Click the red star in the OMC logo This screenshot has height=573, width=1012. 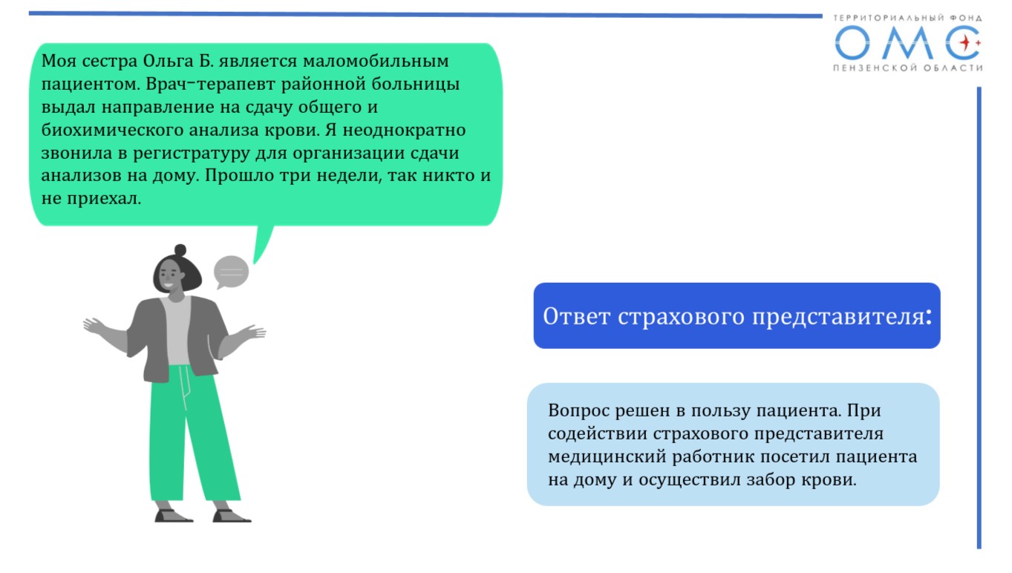tap(965, 43)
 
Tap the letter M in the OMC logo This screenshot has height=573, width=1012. tap(907, 43)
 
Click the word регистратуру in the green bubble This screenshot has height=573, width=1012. tap(191, 154)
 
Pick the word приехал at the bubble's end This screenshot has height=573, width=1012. tap(104, 199)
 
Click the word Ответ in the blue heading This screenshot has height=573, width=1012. tap(577, 316)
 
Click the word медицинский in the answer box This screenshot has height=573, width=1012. tap(607, 457)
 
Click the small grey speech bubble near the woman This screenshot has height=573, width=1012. tap(231, 272)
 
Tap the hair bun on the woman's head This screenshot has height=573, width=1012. tap(180, 250)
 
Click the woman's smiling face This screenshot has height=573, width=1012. tap(169, 275)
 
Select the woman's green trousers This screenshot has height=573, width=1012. tap(193, 433)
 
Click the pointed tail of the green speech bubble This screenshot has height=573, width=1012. tap(256, 262)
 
